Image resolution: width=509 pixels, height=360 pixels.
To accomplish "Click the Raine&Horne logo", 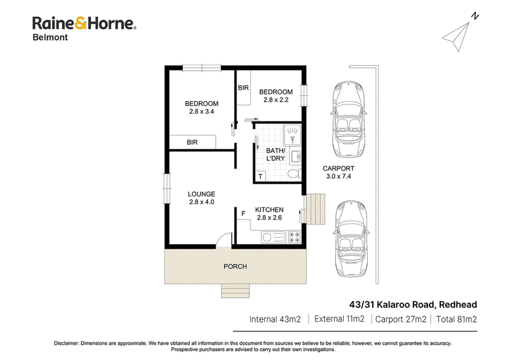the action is point(84,24).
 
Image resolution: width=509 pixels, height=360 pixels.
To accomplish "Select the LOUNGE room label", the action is point(201,194).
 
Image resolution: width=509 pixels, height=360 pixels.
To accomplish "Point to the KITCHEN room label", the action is point(269,210).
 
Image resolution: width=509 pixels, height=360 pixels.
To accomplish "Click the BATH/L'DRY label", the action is point(275,155).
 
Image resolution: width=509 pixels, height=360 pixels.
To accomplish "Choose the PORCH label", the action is point(235,267).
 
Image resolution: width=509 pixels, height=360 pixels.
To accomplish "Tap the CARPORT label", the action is point(338,169).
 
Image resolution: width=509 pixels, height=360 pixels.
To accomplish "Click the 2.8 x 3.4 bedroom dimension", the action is point(202,111).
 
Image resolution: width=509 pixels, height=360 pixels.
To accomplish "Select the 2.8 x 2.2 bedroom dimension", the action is point(276,100).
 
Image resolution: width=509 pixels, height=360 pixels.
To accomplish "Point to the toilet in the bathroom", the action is point(294,174).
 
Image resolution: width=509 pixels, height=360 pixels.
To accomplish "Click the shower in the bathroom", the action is point(293,135).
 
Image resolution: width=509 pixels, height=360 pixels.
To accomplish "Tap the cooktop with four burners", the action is point(294,237).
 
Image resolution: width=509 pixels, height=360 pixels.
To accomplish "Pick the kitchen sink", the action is point(273,237).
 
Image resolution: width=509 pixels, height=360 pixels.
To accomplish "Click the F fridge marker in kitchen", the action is point(244,213).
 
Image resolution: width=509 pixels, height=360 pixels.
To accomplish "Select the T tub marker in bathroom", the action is point(260,177).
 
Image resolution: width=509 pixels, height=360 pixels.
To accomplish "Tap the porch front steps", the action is point(235,291).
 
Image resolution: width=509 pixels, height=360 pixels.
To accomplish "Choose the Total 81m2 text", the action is point(456,319).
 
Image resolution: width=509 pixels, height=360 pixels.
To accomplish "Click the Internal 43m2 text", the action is point(275,319).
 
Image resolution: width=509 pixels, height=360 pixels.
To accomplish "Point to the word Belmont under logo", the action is point(50,38).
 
